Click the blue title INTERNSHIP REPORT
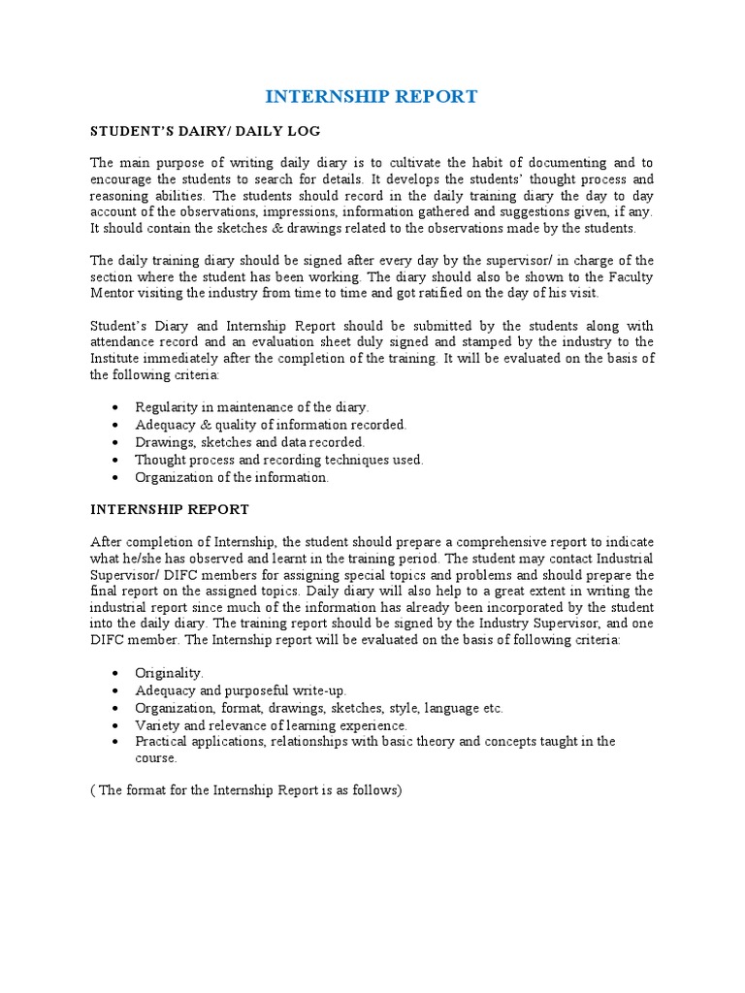tap(372, 96)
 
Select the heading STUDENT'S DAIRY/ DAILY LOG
tap(205, 131)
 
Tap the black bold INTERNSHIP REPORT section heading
tap(170, 509)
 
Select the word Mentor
tap(114, 294)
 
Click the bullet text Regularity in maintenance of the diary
tap(252, 407)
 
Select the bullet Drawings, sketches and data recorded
tap(250, 442)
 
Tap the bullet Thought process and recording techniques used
tap(279, 460)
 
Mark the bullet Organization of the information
tap(232, 477)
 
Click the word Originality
tap(170, 672)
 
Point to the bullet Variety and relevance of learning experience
tap(272, 724)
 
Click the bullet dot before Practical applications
tap(116, 742)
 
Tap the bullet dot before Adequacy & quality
tap(116, 425)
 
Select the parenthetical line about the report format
tap(245, 790)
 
